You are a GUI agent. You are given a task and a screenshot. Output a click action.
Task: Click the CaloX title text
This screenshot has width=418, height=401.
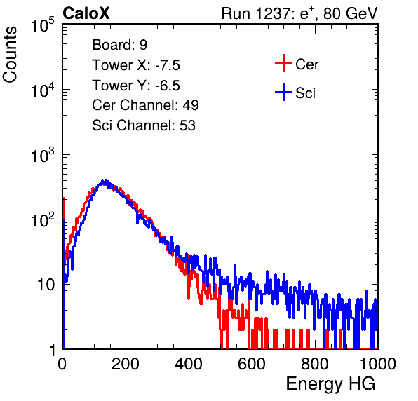point(86,13)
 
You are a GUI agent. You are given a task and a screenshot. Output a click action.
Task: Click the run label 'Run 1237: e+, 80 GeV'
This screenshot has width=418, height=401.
point(299,13)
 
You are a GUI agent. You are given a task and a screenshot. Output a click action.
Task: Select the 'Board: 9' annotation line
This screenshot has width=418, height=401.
point(119,45)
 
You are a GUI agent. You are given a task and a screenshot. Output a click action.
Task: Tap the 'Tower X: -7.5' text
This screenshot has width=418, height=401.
point(136,65)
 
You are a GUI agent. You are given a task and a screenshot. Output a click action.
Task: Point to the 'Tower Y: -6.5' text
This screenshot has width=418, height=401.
point(136,86)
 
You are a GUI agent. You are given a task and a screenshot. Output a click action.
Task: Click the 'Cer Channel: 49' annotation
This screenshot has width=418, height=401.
point(145,105)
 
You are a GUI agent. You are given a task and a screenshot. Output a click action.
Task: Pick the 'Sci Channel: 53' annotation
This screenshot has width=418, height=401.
point(144,125)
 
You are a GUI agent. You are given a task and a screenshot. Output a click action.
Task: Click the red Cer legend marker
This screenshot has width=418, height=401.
point(283,63)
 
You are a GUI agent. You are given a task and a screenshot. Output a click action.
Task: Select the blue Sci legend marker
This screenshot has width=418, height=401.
point(283,92)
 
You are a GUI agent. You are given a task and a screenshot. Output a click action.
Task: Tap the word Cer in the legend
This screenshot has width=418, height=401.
point(306,64)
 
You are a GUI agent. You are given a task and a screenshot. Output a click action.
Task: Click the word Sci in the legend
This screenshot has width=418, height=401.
point(305,93)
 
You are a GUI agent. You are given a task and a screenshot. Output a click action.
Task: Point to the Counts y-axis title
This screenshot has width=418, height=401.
point(10,55)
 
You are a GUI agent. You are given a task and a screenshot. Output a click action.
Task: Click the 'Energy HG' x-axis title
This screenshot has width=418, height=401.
point(330,384)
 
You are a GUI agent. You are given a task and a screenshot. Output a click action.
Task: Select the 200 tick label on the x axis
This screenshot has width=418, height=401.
point(126,364)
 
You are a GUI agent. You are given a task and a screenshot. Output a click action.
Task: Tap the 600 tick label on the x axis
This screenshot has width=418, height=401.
point(252,364)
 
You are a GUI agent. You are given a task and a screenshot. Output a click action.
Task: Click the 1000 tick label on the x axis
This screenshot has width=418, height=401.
point(378,364)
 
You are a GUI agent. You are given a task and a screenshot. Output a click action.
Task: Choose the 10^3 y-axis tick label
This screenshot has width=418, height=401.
point(43,155)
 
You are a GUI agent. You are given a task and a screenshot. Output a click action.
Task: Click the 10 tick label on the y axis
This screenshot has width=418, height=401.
point(46,285)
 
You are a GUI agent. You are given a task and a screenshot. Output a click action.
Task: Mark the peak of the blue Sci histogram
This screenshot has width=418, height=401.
point(106,181)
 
